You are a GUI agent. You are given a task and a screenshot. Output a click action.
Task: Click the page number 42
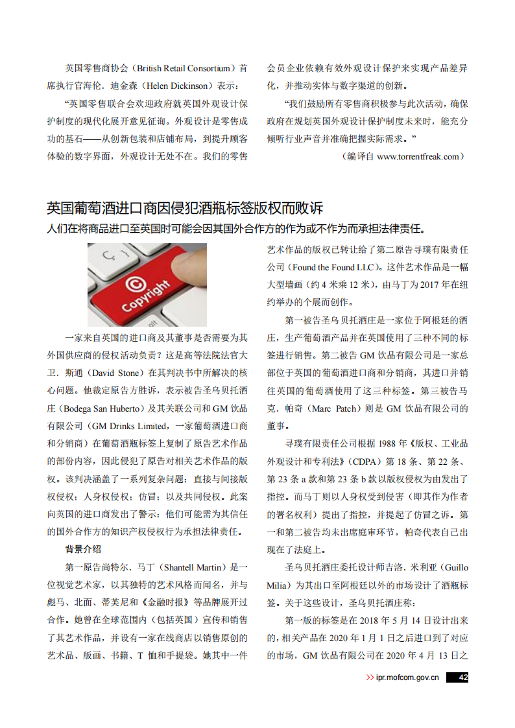[x=462, y=677]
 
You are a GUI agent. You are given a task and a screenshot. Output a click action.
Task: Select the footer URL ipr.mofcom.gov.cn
[x=407, y=677]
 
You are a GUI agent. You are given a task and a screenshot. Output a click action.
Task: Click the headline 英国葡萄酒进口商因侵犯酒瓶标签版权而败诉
[x=185, y=208]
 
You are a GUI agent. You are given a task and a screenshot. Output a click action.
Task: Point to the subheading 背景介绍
[x=83, y=549]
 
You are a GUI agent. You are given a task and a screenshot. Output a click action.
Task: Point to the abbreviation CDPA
[x=366, y=462]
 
